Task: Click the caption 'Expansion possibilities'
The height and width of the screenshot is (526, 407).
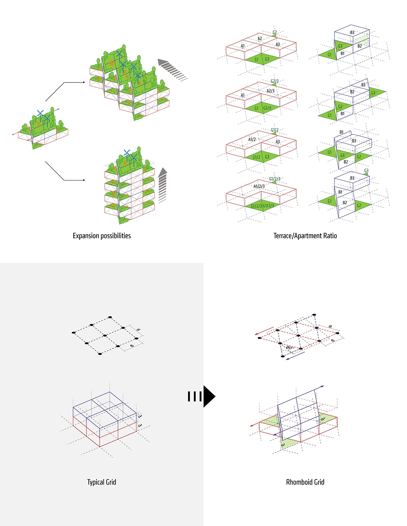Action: coord(102,235)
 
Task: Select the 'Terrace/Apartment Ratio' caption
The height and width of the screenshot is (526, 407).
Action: coord(305,235)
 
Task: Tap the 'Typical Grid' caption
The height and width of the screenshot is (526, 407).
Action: coord(102,482)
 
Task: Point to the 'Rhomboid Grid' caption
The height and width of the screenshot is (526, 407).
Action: coord(305,482)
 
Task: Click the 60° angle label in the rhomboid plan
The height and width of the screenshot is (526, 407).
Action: coord(289,348)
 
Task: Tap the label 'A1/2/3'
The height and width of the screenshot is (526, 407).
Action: coord(259,186)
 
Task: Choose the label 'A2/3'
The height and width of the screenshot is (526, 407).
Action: coord(270,91)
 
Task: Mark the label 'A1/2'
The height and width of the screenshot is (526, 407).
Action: coord(252,139)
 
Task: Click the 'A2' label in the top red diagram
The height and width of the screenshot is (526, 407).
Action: coord(260,39)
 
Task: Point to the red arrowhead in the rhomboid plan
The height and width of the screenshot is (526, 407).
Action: coord(257,333)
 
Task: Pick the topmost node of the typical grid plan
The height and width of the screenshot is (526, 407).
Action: coord(110,317)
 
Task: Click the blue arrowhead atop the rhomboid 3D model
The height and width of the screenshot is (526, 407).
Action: coord(322,386)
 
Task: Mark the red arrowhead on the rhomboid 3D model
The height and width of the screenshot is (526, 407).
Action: coord(252,426)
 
